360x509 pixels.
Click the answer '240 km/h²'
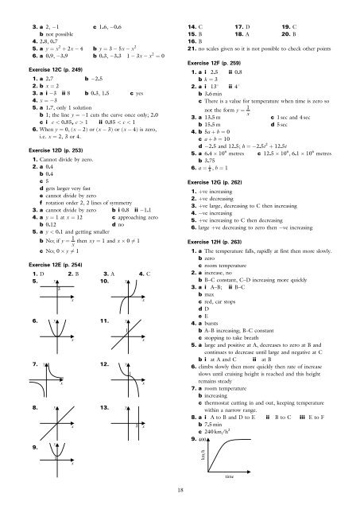pyautogui.click(x=222, y=427)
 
